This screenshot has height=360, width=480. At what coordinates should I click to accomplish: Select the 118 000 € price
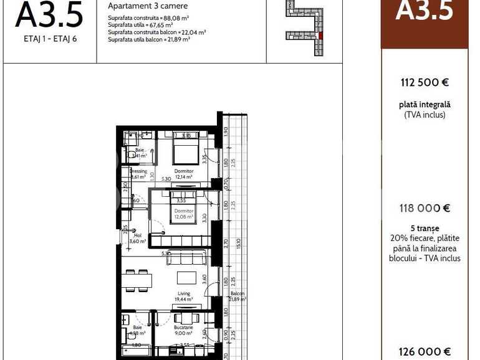tap(425, 209)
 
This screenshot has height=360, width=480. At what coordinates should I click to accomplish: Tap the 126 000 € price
tap(425, 352)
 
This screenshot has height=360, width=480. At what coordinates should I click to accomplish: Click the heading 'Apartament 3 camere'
tap(148, 6)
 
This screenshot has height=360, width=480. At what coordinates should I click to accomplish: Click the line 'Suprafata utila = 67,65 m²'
tap(148, 26)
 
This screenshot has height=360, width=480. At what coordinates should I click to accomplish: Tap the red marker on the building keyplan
tap(320, 36)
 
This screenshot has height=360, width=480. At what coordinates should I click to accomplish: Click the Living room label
tap(184, 293)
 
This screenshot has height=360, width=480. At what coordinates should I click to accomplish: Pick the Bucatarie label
tap(183, 327)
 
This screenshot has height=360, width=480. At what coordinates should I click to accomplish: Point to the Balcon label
tap(237, 294)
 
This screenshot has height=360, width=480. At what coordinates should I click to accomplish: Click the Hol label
tap(137, 236)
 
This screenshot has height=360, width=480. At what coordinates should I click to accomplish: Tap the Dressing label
tap(138, 171)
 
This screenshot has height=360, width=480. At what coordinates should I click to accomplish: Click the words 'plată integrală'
tap(425, 105)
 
